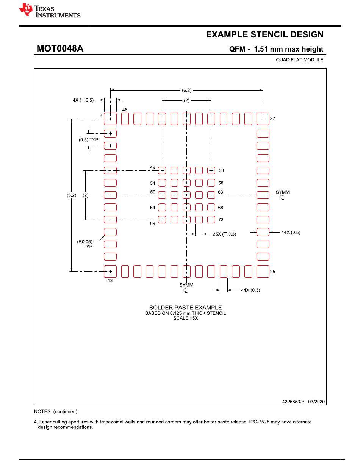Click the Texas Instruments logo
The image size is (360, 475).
click(x=49, y=11)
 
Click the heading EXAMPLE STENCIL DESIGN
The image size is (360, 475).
click(x=265, y=35)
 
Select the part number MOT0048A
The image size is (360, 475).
click(x=60, y=49)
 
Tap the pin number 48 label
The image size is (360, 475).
click(x=125, y=110)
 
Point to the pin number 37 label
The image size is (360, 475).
click(x=272, y=119)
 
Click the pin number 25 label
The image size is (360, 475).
click(x=272, y=272)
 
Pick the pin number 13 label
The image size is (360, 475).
click(x=110, y=281)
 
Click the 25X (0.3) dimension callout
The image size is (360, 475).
click(x=224, y=234)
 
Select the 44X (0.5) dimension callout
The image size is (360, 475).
click(x=291, y=232)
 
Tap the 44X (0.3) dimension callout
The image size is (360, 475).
click(x=250, y=290)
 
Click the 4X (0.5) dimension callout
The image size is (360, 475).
click(x=83, y=100)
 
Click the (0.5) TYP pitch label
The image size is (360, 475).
click(x=88, y=140)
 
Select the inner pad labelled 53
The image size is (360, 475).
click(x=211, y=170)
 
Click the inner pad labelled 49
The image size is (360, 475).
click(x=162, y=170)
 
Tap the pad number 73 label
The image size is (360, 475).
click(x=221, y=220)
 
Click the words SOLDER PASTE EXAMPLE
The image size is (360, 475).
click(x=185, y=308)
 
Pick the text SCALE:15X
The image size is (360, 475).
click(x=185, y=318)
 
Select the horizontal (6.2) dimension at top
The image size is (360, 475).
click(x=186, y=90)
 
